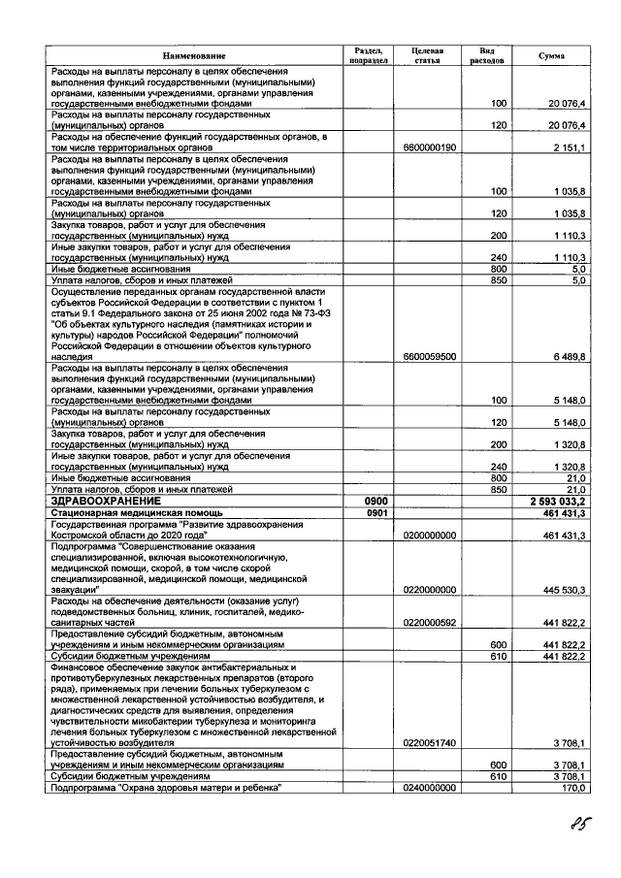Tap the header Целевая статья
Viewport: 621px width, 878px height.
tap(428, 55)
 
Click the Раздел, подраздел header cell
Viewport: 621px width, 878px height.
tap(369, 55)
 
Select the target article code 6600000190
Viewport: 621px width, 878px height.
tap(428, 147)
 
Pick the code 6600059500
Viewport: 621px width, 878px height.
tap(428, 357)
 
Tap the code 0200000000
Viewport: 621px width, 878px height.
tap(428, 536)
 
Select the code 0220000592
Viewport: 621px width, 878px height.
tap(428, 623)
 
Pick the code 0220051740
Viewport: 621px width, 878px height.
tap(428, 743)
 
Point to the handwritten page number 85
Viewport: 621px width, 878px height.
tap(582, 827)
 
